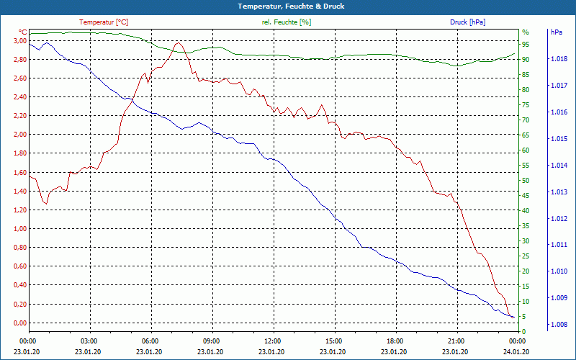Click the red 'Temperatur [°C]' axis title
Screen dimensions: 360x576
coord(104,22)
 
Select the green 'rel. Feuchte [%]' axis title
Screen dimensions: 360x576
coord(287,22)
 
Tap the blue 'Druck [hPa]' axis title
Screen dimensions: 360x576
coord(467,22)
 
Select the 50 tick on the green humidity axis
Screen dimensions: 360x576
coord(526,181)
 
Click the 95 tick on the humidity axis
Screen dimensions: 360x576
coord(526,45)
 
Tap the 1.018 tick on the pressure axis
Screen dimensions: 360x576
coord(559,59)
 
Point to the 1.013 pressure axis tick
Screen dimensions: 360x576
coord(559,192)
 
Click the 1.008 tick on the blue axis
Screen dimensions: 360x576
coord(559,325)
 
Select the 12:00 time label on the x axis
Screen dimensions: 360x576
coord(272,341)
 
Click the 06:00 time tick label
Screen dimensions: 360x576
coord(150,341)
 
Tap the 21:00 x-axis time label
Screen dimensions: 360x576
coord(456,341)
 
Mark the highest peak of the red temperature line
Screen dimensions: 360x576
coord(178,43)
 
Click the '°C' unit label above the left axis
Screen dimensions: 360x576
coord(22,32)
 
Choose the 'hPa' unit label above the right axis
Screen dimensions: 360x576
coord(556,32)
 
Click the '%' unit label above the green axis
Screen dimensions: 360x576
coord(525,32)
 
